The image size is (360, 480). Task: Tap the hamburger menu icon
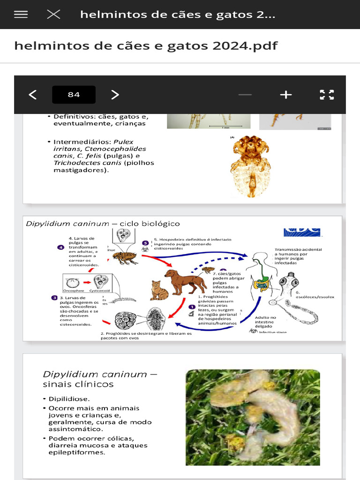[x=21, y=15]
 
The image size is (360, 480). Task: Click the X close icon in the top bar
[x=53, y=15]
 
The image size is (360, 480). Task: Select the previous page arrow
[x=32, y=95]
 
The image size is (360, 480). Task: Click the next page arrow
[x=115, y=95]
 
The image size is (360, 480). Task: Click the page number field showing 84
[x=74, y=95]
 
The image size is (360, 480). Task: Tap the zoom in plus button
[x=285, y=95]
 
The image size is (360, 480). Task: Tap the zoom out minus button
[x=245, y=95]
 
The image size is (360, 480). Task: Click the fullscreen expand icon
[x=327, y=95]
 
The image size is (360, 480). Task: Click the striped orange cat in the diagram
[x=159, y=291]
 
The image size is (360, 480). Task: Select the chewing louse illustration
[x=251, y=166]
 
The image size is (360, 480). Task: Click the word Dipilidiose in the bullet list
[x=69, y=399]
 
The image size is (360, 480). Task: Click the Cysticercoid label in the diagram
[x=100, y=291]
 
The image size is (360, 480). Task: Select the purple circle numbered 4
[x=60, y=247]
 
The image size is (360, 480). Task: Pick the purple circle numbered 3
[x=55, y=298]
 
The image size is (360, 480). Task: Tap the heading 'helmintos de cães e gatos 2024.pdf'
[x=146, y=45]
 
